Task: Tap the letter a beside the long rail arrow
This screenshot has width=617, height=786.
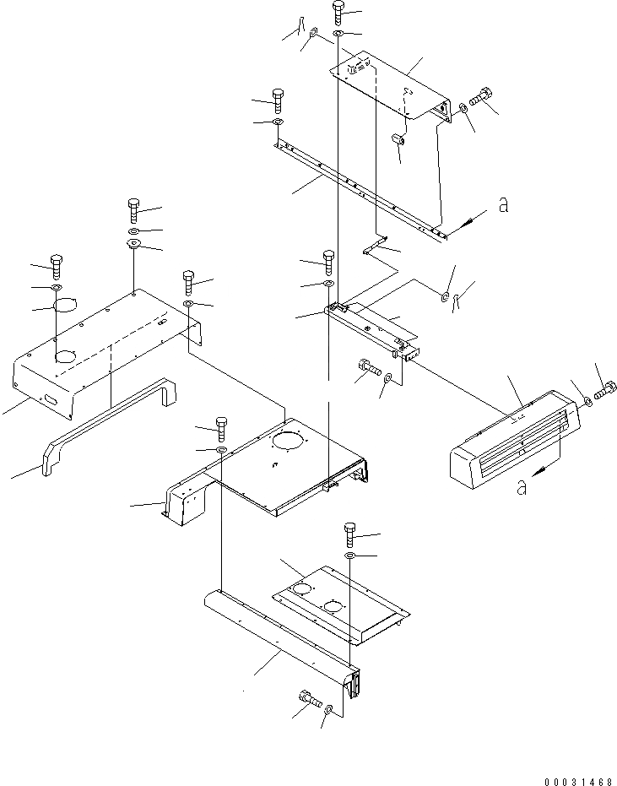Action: tap(503, 204)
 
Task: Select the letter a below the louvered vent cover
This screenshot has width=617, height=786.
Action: tap(522, 487)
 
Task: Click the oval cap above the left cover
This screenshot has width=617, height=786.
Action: tap(66, 304)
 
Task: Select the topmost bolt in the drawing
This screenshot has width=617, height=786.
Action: tap(338, 11)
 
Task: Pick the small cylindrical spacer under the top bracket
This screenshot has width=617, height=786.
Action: tap(400, 138)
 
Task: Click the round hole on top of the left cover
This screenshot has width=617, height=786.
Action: tap(65, 358)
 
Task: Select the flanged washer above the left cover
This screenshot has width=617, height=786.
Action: tap(133, 245)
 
